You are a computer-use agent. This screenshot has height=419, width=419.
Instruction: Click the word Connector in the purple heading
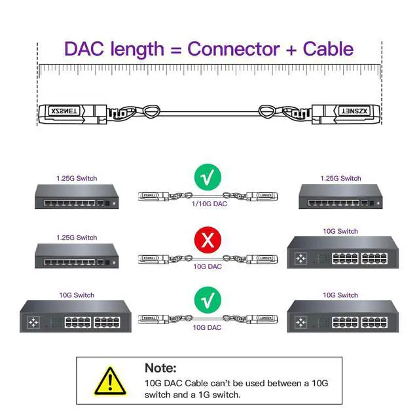coord(234,48)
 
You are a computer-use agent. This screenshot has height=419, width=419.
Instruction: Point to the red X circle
coord(208,240)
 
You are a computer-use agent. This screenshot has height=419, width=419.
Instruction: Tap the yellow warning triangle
coord(109,379)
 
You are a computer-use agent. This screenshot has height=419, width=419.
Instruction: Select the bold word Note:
coord(160,369)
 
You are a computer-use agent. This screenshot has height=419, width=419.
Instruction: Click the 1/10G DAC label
coord(208,205)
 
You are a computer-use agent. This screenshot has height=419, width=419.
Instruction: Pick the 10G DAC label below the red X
coord(208,266)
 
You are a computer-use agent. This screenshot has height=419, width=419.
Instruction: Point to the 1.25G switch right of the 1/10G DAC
coord(340,196)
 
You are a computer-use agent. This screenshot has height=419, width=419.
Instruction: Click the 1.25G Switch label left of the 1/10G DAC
coord(77,178)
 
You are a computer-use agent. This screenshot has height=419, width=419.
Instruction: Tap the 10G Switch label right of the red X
coord(340,231)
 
